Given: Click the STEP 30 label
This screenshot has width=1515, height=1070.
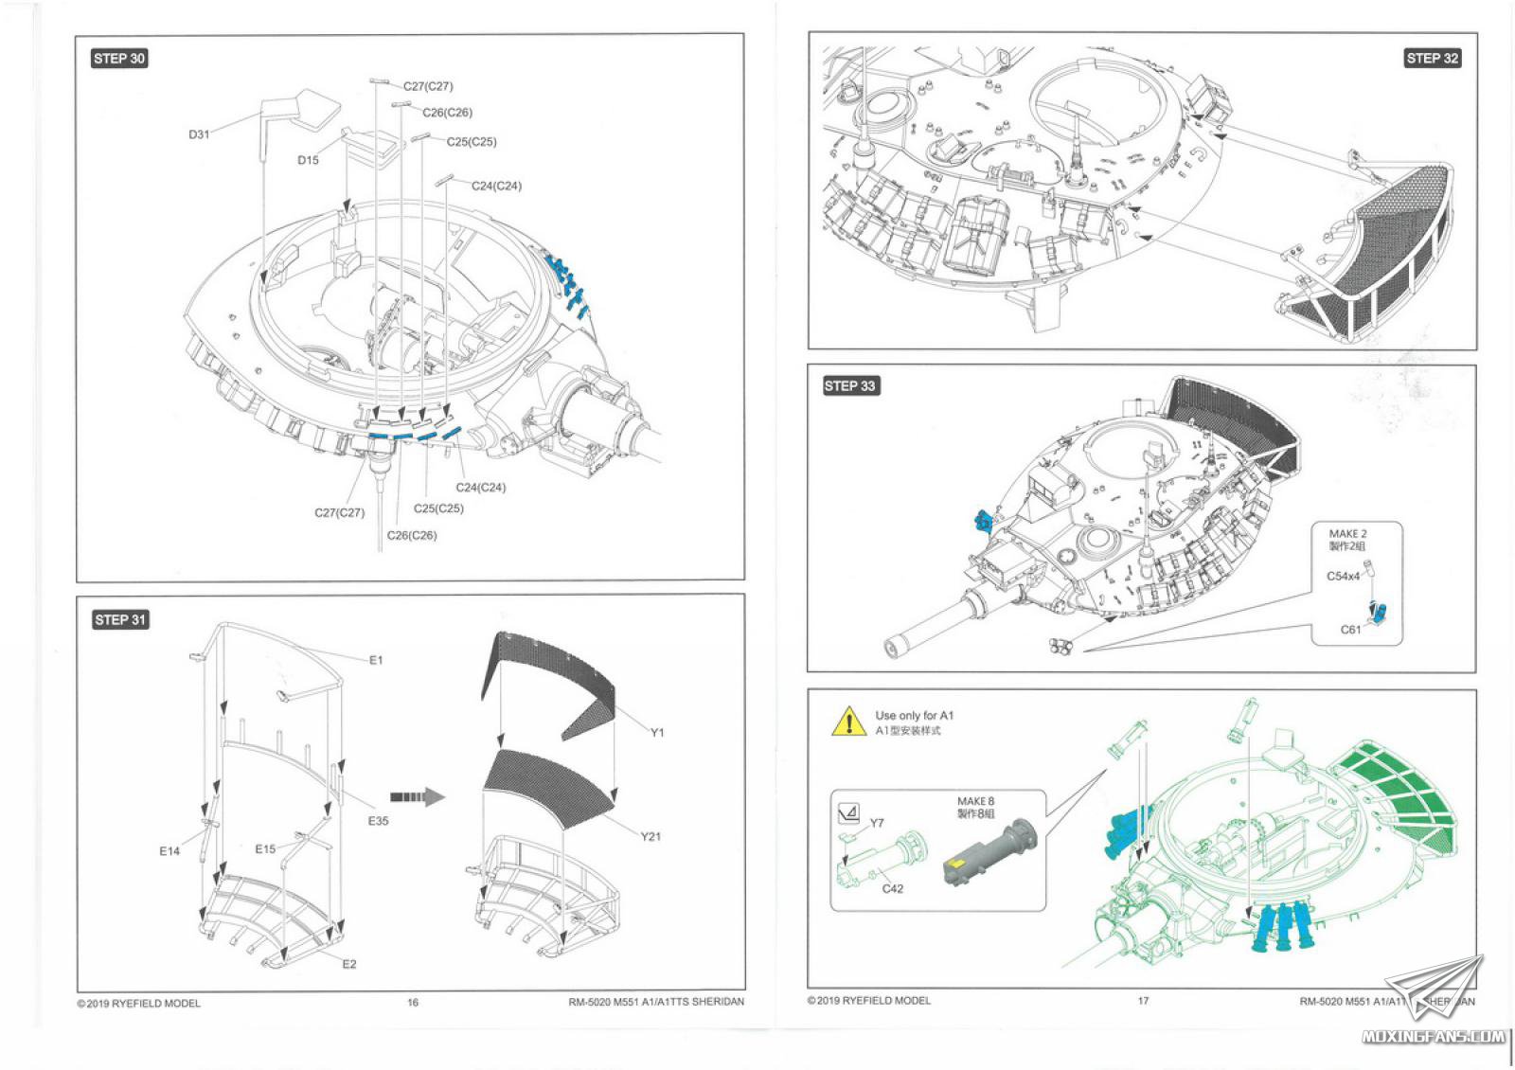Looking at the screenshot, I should coord(119,59).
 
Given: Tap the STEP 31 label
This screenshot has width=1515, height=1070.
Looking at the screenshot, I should coord(120,620).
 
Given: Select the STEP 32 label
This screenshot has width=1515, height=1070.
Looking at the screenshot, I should coord(1432,59).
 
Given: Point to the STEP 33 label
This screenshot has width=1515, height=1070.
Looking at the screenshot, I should coord(849,386).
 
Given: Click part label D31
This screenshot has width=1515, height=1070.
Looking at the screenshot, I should coord(199,134).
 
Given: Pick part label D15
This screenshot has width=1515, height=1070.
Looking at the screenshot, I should coord(308,160).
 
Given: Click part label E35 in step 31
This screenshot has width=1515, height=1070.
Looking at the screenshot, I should coord(378,821).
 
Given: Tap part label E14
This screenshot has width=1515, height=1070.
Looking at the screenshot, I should coord(169,851).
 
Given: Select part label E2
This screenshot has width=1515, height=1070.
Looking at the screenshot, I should coord(349,964).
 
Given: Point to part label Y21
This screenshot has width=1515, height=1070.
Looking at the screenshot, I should coord(651,836).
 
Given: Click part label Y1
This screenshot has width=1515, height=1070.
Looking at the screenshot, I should coord(657,732).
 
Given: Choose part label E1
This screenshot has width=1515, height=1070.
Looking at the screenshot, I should coord(376,660).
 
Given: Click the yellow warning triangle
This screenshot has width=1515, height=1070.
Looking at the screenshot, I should coord(849,722).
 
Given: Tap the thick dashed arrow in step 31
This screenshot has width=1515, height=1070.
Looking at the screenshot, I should coord(417,797).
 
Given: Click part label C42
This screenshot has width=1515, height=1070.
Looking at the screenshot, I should coord(892,888).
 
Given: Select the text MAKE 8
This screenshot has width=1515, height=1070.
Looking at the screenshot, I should coord(975,801).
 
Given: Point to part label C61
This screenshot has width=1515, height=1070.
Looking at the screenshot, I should coord(1350,630).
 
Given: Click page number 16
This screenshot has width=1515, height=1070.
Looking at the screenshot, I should coord(413,1002).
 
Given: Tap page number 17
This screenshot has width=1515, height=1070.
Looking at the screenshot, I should coord(1143,1000).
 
